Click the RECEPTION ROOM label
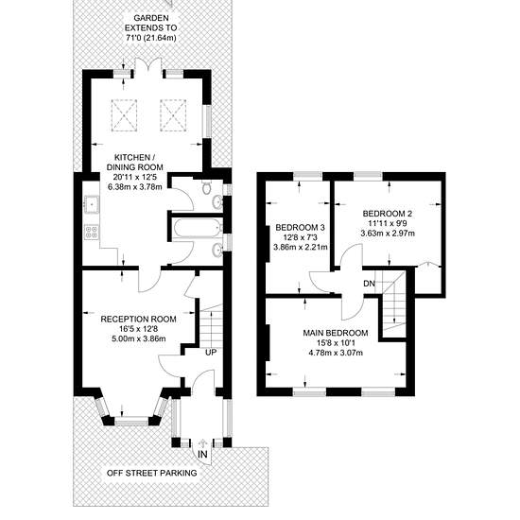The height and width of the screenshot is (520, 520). coord(138,319)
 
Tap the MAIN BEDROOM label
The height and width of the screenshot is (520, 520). coord(336,333)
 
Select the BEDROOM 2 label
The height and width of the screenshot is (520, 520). coord(388,214)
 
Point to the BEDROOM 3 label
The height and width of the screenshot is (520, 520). coord(300,228)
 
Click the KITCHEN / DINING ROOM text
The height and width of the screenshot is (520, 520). coord(134,162)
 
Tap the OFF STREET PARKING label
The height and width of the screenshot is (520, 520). coord(152,473)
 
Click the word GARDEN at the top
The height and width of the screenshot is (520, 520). coord(151,18)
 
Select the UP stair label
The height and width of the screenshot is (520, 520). coord(211,353)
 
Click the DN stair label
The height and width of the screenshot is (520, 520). coord(369,284)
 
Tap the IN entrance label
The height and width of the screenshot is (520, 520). coord(202,454)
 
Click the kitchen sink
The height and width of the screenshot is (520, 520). coord(91,203)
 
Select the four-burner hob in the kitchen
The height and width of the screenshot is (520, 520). coord(91,231)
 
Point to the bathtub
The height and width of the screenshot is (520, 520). coord(198,228)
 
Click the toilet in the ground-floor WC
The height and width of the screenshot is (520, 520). coord(207,187)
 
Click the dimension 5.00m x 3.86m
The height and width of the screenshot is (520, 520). coord(138,338)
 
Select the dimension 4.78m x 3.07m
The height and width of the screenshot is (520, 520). coord(336,353)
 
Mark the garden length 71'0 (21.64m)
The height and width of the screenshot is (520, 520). coord(151,38)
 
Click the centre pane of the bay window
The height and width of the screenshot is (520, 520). coord(131,422)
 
